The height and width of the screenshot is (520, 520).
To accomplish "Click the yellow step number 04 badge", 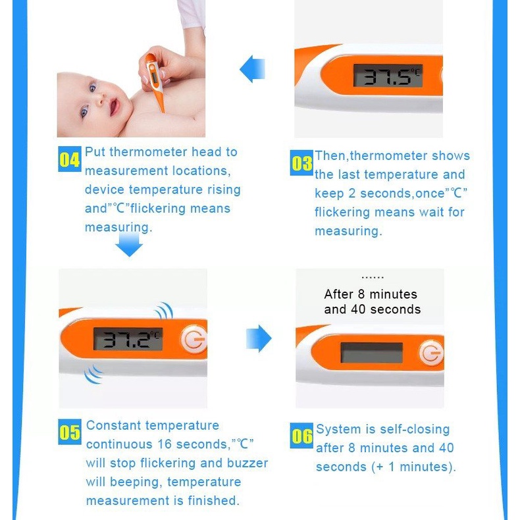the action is point(69,159).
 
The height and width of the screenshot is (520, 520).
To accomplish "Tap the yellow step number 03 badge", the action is point(301,163).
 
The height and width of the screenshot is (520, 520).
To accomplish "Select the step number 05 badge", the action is point(70,432).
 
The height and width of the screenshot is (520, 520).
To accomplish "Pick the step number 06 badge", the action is point(301,436).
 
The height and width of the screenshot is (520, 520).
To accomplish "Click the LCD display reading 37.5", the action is point(388,76).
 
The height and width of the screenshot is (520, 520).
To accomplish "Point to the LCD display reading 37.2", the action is point(128,338).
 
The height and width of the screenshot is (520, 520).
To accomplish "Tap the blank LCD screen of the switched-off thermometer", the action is point(372,353).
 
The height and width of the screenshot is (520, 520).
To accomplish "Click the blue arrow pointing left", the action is point(252,69).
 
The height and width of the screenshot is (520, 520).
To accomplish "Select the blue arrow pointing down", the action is point(129,244).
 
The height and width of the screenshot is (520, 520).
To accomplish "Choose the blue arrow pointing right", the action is point(259,338).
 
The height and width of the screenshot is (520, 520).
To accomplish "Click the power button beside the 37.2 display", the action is point(194,339).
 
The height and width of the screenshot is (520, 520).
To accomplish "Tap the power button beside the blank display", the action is point(431,353).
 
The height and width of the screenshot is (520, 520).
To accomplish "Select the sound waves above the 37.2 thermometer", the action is point(165,311).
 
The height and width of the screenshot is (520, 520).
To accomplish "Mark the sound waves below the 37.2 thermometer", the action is point(93,375).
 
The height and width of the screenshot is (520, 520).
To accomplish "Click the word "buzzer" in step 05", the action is point(246,463).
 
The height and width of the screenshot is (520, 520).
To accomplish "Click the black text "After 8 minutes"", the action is point(371,294).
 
